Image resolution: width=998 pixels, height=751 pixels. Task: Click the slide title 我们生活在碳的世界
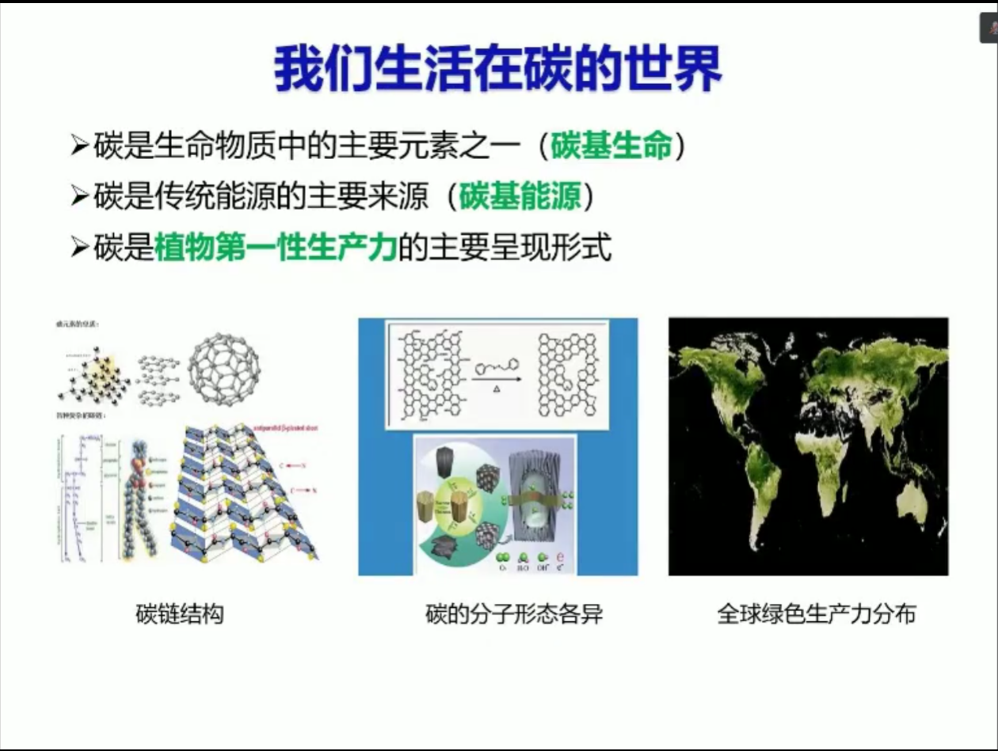(x=497, y=70)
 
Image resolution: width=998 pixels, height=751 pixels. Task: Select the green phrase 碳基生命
(x=611, y=146)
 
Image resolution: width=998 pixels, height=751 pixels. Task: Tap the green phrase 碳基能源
(x=520, y=197)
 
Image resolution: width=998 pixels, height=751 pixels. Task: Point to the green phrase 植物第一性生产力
(x=276, y=248)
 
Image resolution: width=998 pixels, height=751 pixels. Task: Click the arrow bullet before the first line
(x=79, y=147)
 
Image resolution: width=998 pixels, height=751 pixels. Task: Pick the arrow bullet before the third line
(x=79, y=248)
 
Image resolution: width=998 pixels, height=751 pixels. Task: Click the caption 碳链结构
(x=180, y=614)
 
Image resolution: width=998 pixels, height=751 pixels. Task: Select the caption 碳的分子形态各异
(x=514, y=614)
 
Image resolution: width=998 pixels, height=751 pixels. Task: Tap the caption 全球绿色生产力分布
(x=816, y=614)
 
